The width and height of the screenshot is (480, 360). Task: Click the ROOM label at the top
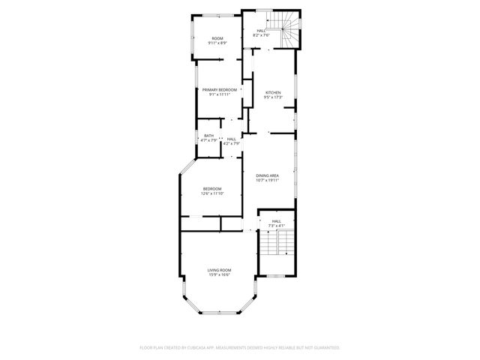coord(217,38)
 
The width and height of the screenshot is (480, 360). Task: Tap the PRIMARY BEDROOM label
coord(219,90)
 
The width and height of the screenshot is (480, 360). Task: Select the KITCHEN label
coord(273,92)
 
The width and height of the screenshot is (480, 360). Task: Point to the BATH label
coord(208,136)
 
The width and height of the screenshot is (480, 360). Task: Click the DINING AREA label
coord(267,175)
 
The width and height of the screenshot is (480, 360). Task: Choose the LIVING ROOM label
coord(219,270)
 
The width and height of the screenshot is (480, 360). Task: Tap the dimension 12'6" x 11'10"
coord(213,193)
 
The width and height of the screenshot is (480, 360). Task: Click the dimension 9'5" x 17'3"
coord(273,97)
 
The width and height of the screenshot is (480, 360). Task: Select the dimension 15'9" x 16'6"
coord(219,274)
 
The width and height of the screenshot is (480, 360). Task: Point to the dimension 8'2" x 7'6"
coord(261,35)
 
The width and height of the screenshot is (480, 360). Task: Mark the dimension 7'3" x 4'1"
coord(277,226)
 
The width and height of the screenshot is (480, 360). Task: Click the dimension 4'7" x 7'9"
coord(208,140)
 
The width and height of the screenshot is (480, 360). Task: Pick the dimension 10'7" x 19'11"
coord(267,180)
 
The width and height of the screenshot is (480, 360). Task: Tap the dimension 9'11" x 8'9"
coord(217,43)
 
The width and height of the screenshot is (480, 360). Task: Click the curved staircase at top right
coord(289,30)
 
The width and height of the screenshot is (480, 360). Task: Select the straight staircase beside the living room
coord(277,247)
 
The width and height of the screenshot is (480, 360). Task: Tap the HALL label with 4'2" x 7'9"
coord(232,138)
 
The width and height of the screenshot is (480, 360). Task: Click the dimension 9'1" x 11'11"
coord(219,95)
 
